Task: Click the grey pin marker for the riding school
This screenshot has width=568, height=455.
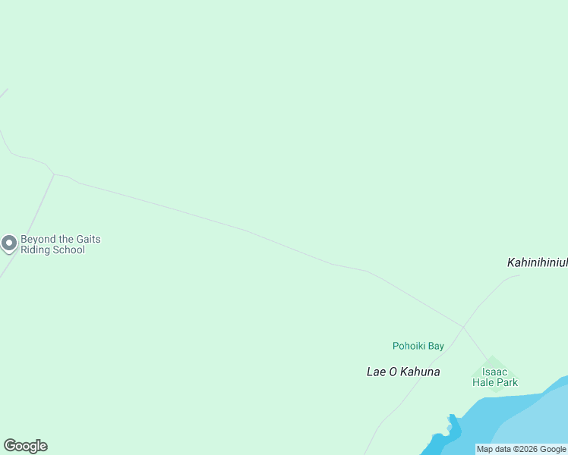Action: tap(9, 243)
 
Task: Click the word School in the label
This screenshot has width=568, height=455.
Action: tap(68, 250)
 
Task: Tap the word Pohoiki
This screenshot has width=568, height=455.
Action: tap(409, 346)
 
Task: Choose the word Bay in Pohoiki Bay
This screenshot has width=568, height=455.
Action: tap(436, 346)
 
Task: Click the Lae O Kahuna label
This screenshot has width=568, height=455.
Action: tap(403, 372)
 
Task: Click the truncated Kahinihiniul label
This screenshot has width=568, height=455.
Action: tap(537, 262)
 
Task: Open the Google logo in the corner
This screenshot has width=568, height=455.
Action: tap(25, 446)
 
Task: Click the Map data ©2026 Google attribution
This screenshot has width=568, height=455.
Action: tap(522, 449)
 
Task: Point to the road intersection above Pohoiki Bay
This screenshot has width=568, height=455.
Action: tap(462, 328)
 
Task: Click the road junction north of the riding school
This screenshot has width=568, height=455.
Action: tap(54, 174)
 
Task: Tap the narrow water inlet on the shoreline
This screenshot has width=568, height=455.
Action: tap(453, 422)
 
